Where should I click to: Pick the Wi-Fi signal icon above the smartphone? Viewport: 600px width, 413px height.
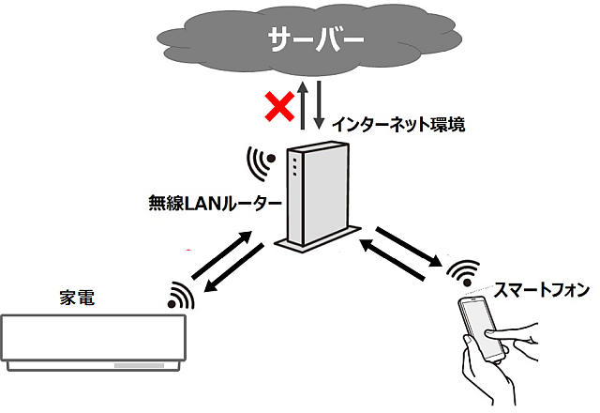(460, 273)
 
